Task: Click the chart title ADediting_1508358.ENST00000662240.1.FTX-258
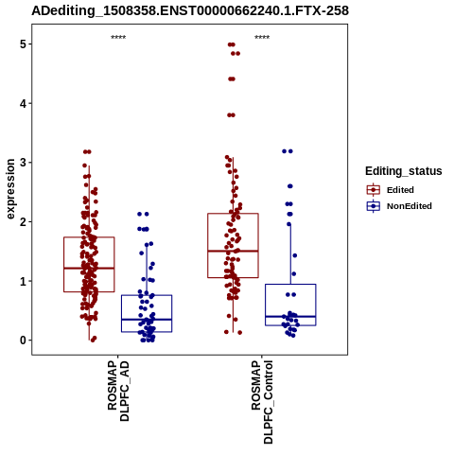click(190, 11)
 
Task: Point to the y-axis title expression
click(10, 189)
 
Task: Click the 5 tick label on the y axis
click(23, 44)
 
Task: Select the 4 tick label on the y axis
click(23, 103)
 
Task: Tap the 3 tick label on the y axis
click(23, 163)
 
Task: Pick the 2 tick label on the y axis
click(23, 222)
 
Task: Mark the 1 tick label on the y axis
click(23, 281)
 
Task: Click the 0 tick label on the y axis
click(23, 340)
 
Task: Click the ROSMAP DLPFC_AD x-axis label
click(118, 391)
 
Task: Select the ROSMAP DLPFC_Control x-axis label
click(262, 402)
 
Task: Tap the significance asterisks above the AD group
click(118, 38)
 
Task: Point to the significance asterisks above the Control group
click(262, 38)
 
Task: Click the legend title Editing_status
click(404, 171)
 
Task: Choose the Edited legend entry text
click(400, 190)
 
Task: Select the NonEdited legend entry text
click(410, 206)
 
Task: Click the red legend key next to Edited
click(374, 190)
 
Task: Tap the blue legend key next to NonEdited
click(374, 206)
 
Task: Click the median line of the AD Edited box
click(89, 269)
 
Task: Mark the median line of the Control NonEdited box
click(290, 316)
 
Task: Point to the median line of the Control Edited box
click(233, 251)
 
